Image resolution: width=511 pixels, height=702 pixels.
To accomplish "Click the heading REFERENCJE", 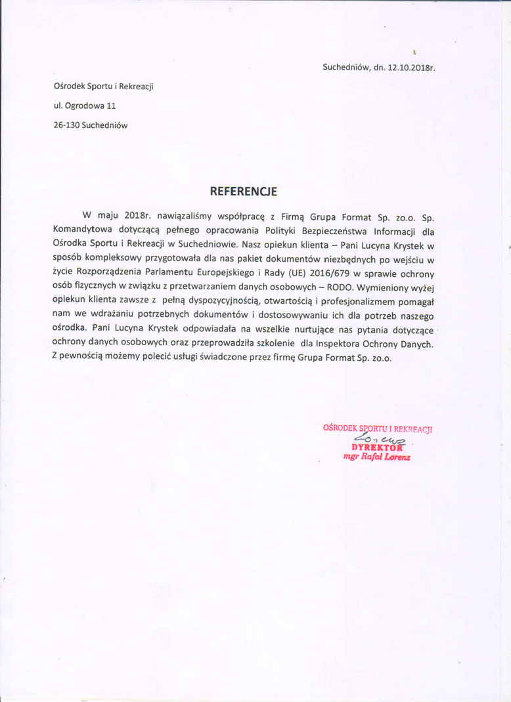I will click(243, 192).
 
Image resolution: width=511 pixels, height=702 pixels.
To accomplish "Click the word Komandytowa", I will click(82, 231).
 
